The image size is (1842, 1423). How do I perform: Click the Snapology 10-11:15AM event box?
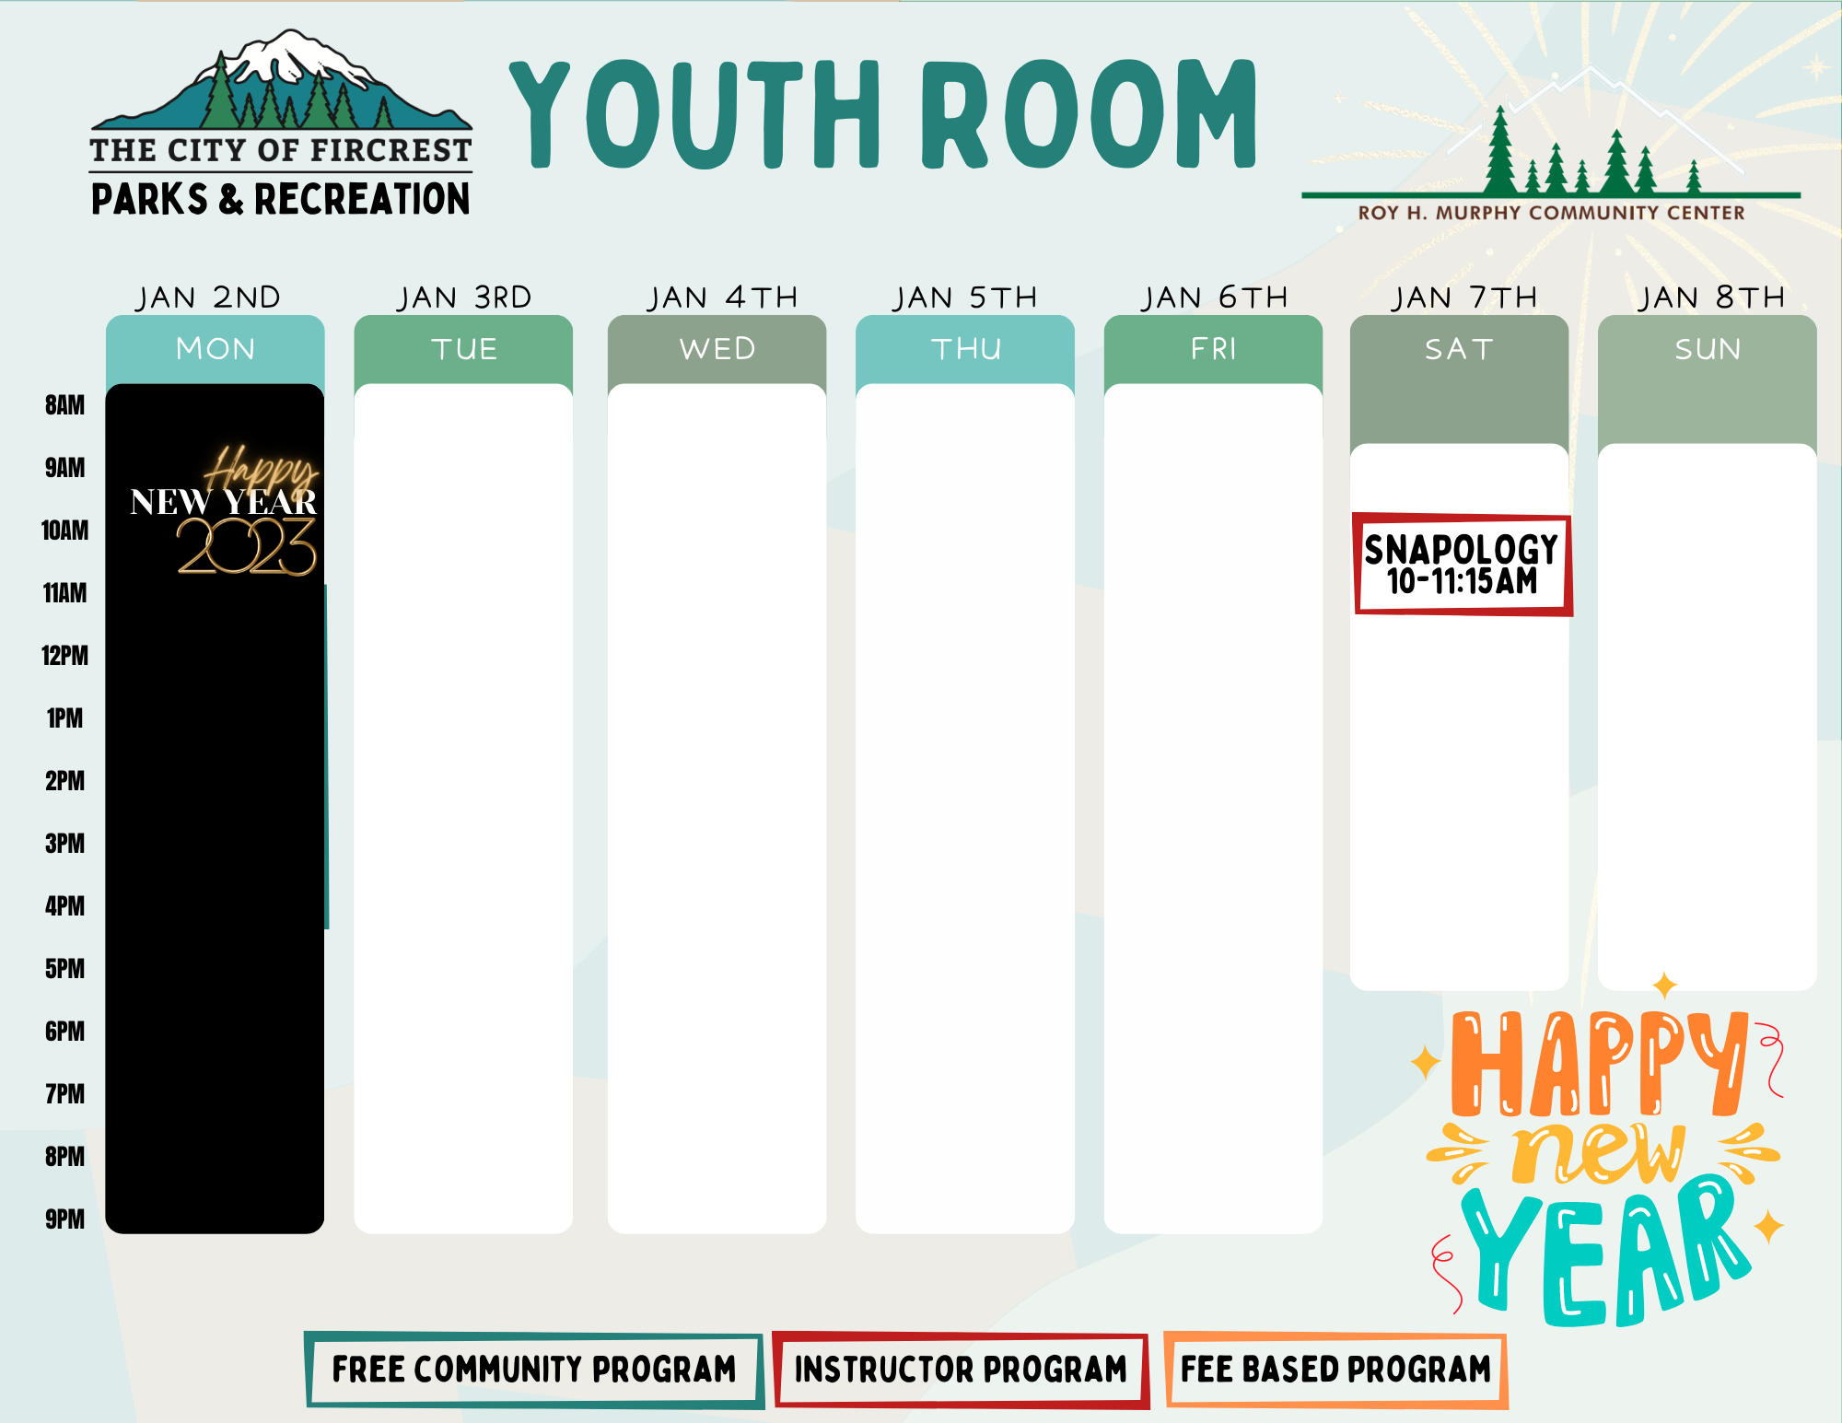pyautogui.click(x=1463, y=565)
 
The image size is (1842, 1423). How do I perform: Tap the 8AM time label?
pyautogui.click(x=64, y=405)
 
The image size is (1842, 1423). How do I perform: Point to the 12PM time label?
pyautogui.click(x=64, y=656)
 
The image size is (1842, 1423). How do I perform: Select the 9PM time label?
pyautogui.click(x=64, y=1219)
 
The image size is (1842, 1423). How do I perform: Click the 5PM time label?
pyautogui.click(x=64, y=969)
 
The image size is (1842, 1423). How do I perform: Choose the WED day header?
pyautogui.click(x=717, y=349)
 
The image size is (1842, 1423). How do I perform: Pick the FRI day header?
pyautogui.click(x=1214, y=349)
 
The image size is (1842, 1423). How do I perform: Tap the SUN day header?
pyautogui.click(x=1708, y=349)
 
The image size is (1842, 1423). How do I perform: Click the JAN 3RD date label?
pyautogui.click(x=464, y=297)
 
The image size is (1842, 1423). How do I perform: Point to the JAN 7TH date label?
pyautogui.click(x=1464, y=297)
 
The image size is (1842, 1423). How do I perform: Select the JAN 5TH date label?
pyautogui.click(x=965, y=297)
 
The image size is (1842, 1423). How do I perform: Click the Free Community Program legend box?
pyautogui.click(x=534, y=1370)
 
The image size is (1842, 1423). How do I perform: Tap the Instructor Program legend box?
pyautogui.click(x=961, y=1370)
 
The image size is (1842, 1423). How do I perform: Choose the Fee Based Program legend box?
pyautogui.click(x=1335, y=1370)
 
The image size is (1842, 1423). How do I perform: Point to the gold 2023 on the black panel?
pyautogui.click(x=247, y=546)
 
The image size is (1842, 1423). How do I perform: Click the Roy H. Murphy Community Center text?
pyautogui.click(x=1551, y=213)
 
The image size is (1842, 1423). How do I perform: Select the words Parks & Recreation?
pyautogui.click(x=281, y=199)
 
